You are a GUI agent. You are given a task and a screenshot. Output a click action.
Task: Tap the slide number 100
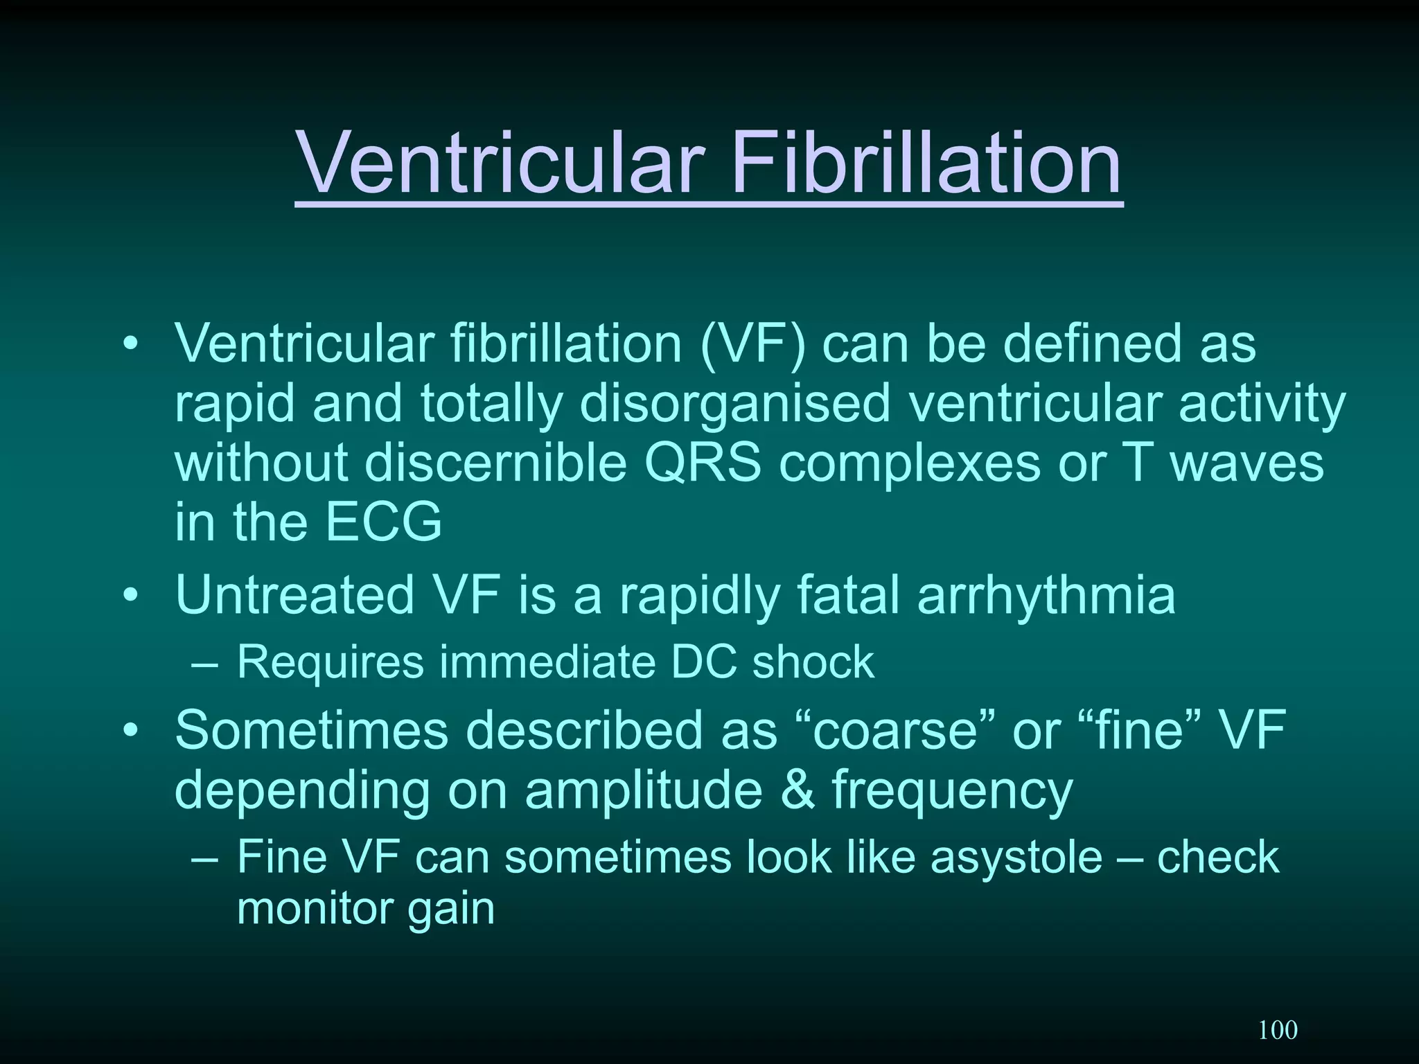pyautogui.click(x=1278, y=1030)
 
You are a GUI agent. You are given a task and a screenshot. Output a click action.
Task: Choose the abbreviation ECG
pyautogui.click(x=383, y=522)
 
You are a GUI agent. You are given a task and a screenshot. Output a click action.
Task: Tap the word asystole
pyautogui.click(x=1016, y=858)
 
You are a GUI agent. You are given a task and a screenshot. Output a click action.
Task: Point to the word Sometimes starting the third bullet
pyautogui.click(x=312, y=730)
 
